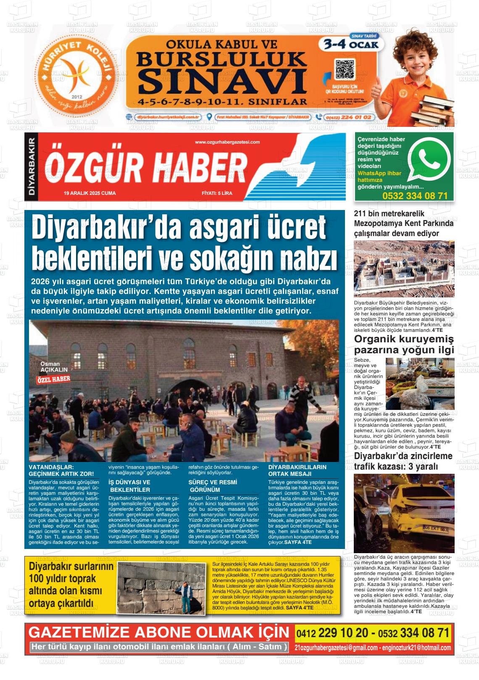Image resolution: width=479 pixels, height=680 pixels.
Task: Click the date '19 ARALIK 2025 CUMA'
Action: pos(89,194)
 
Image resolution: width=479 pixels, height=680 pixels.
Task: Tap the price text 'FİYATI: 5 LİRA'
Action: pos(217,194)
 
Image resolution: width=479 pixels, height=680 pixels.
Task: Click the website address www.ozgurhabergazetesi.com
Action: pos(227,142)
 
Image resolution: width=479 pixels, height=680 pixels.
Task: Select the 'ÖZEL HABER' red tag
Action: pos(53,379)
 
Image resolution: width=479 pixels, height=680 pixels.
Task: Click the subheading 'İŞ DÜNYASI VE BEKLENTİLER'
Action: pos(129,486)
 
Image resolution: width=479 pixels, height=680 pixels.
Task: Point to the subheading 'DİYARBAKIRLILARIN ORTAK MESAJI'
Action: pos(297,470)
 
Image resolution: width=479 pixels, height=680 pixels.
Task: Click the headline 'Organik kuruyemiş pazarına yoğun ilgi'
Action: pos(404,345)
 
